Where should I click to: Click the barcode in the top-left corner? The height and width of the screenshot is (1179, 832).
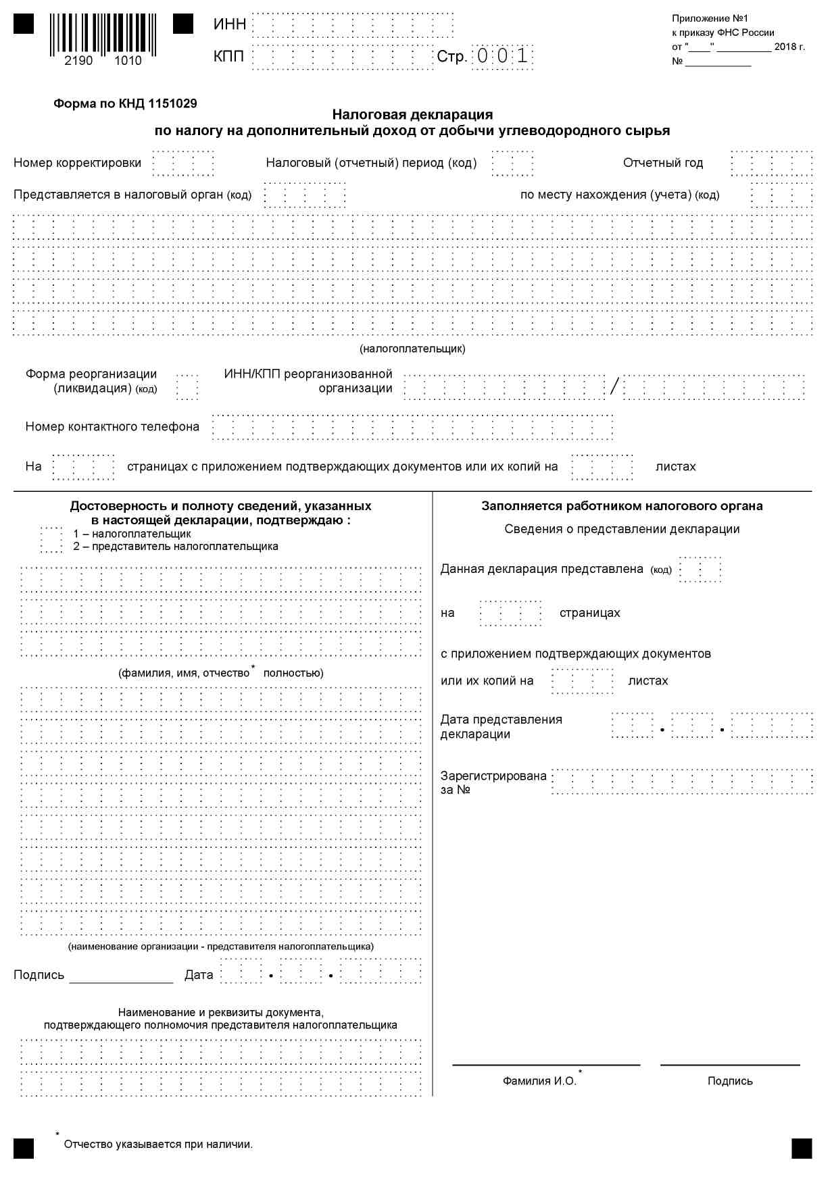pos(103,35)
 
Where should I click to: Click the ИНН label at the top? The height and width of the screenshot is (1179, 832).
pos(230,25)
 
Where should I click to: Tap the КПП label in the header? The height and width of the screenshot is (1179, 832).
pos(228,56)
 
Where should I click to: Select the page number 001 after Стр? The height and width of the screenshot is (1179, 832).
pos(502,56)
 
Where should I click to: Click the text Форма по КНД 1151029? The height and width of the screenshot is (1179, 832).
pos(125,104)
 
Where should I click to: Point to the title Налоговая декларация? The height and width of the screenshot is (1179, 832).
pos(412,115)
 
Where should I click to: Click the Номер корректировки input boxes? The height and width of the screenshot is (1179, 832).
pos(183,163)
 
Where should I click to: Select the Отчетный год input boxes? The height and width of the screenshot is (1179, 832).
pos(771,163)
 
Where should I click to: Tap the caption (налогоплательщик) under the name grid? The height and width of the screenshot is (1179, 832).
pos(412,349)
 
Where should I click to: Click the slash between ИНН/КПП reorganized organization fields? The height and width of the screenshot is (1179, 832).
pos(614,387)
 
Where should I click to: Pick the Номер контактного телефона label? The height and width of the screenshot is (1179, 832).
pos(112,427)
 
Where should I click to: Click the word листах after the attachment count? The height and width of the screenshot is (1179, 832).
pos(675,467)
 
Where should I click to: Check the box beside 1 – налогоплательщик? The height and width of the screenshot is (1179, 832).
pos(51,539)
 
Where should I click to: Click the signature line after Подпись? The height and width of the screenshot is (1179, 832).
pos(121,978)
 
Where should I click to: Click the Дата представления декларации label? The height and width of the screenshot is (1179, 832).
pos(501,727)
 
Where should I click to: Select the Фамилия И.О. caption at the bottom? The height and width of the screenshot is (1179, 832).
pos(539,1081)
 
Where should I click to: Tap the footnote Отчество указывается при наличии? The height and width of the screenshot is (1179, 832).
pos(158,1145)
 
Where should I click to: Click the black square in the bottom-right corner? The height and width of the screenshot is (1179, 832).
pos(802,1149)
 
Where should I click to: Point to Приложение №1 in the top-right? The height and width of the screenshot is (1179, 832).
pos(710,18)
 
